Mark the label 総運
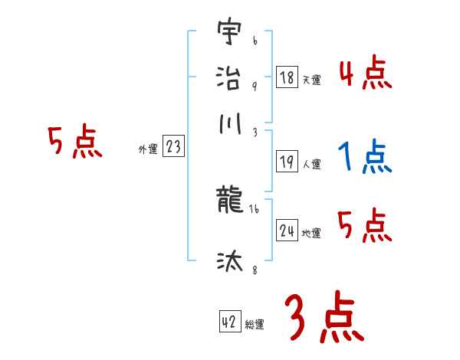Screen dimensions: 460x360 click(x=255, y=324)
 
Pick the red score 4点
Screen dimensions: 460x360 click(x=365, y=74)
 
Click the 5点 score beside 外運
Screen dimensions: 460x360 click(x=74, y=143)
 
